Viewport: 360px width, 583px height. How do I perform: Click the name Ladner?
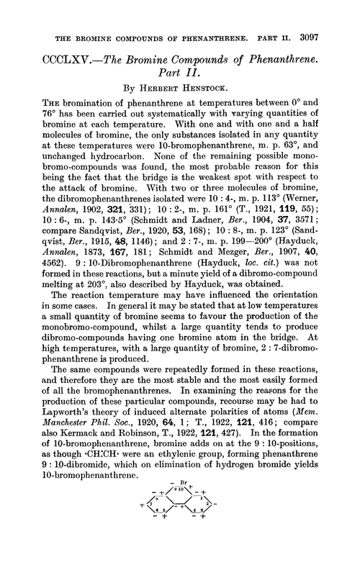[x=204, y=238]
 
